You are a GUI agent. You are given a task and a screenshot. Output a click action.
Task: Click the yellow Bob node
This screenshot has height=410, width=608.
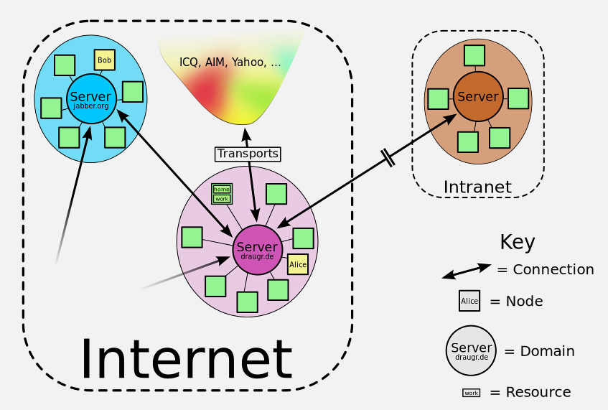[105, 60]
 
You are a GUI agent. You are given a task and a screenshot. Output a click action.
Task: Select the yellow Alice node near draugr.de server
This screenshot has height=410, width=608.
[298, 264]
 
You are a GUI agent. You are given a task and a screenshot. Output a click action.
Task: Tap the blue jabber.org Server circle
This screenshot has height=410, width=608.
[91, 99]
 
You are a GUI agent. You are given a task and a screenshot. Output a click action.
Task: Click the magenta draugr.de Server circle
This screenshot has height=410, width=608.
[257, 249]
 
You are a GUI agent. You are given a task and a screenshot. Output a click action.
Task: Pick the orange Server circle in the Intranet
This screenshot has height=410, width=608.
[478, 96]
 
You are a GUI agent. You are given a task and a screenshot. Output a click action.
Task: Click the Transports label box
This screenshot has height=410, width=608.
[248, 154]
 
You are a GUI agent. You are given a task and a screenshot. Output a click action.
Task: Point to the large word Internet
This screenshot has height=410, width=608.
[186, 358]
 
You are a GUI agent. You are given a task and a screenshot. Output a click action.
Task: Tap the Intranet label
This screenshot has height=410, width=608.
[477, 187]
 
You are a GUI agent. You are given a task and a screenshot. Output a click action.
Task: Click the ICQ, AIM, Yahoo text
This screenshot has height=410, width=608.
[230, 62]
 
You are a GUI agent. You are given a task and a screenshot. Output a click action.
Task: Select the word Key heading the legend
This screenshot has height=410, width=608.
[518, 242]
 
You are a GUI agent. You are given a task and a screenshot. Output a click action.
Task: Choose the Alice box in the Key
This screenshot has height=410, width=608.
[469, 301]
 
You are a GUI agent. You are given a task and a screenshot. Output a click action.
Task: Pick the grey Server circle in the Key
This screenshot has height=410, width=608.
[471, 350]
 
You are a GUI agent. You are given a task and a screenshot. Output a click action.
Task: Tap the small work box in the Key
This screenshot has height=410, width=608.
[471, 393]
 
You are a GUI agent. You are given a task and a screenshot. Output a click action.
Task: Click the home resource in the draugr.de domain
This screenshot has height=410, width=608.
[222, 189]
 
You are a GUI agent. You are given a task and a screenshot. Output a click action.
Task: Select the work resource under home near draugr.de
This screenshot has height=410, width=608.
[222, 198]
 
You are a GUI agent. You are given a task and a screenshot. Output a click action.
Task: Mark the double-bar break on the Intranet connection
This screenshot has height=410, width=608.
[388, 158]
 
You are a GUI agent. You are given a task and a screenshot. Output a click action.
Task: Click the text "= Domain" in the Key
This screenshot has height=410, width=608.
[539, 351]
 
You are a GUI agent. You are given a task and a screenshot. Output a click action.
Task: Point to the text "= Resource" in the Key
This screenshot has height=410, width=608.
[530, 392]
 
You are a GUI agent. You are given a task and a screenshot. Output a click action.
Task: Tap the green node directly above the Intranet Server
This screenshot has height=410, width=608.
[474, 55]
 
